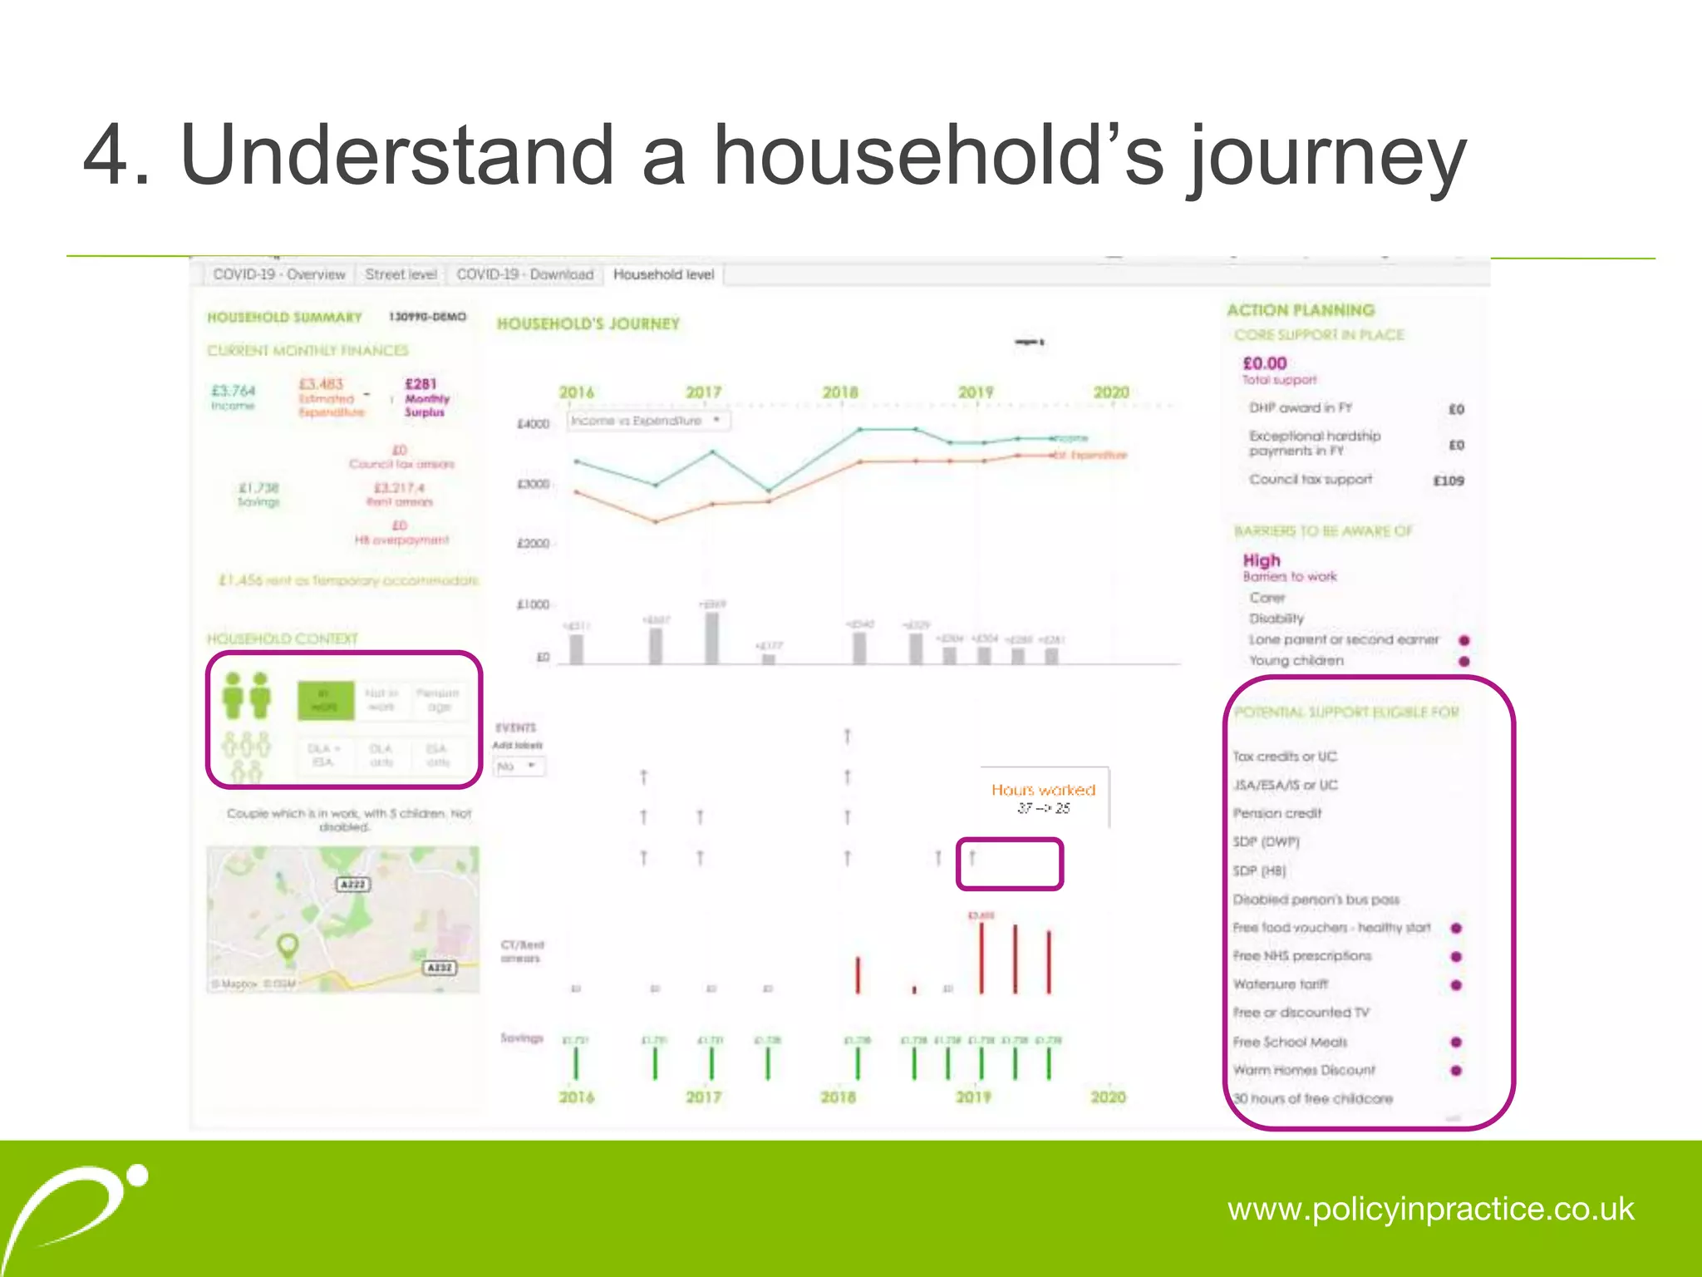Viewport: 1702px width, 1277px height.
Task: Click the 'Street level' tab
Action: (401, 274)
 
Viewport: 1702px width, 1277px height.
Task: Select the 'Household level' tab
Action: (663, 274)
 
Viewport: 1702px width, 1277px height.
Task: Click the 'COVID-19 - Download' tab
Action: (524, 274)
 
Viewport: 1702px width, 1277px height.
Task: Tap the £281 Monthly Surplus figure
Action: (421, 384)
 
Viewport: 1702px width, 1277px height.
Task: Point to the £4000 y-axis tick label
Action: (534, 424)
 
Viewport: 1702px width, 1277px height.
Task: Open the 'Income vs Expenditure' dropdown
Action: (647, 421)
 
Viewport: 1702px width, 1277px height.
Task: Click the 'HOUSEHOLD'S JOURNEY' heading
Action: (588, 324)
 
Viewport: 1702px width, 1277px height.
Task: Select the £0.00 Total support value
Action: (1264, 363)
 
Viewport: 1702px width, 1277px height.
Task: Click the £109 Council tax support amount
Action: (1449, 481)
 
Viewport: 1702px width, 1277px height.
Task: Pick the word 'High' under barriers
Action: (1262, 560)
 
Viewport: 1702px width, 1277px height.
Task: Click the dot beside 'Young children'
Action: (1464, 661)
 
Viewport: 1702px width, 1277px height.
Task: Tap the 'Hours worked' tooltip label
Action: (1043, 790)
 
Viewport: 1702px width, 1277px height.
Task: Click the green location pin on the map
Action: (288, 946)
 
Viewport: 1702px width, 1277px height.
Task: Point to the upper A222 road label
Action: (353, 884)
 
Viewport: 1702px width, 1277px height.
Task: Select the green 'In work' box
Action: (326, 700)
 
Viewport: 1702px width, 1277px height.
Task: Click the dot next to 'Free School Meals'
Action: (1456, 1042)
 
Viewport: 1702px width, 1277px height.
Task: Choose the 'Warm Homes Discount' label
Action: (1304, 1070)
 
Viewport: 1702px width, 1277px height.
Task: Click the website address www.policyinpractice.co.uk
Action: (1430, 1209)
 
